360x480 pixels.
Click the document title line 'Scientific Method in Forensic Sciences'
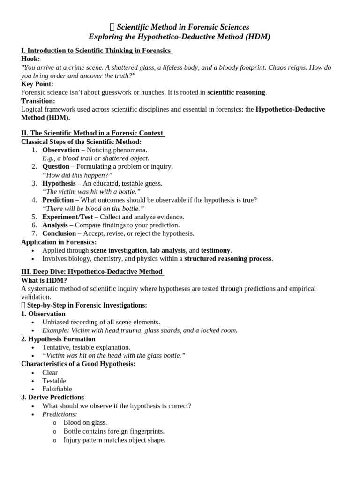182,27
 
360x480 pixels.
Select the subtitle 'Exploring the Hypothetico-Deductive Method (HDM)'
180,37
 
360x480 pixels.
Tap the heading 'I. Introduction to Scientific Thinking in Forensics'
97,51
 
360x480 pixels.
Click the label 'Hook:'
30,59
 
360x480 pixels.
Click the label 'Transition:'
38,101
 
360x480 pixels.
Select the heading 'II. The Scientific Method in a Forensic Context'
93,133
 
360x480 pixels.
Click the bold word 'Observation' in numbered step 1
60,150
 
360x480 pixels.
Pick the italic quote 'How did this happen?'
77,175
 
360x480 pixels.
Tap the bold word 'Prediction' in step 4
58,200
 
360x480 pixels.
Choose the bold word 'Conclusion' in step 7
59,233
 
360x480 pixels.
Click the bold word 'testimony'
216,250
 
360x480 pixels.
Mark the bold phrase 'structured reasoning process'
228,259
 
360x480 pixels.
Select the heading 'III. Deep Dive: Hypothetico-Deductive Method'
92,272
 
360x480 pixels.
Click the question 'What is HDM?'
44,280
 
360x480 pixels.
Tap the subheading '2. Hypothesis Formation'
58,339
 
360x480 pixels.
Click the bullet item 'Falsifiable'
57,389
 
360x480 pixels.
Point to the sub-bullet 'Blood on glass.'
85,423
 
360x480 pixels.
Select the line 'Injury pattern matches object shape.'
114,440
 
